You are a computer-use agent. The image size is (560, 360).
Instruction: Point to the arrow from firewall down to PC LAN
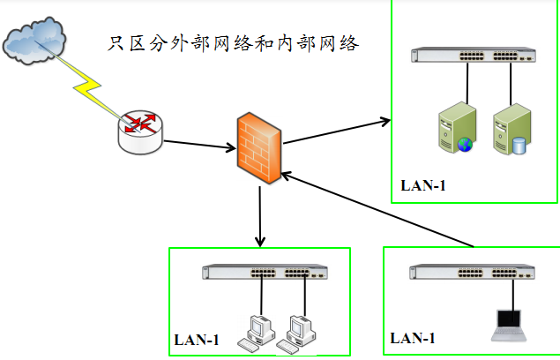point(260,215)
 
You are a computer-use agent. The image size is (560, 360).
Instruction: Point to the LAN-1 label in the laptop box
point(413,337)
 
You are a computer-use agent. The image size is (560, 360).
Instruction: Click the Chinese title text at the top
point(233,43)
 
